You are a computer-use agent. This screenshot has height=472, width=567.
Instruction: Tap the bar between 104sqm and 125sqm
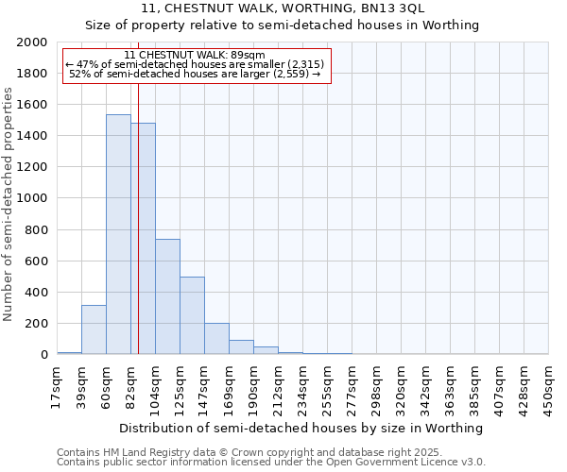167,296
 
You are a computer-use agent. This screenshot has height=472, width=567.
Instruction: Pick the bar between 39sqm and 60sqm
94,329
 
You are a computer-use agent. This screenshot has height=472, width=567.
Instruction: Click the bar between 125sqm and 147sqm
192,315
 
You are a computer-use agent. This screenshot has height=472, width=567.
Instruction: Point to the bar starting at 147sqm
216,339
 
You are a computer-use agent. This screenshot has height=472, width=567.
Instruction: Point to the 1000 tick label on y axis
32,199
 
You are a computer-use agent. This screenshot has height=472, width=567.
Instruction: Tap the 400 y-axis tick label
36,293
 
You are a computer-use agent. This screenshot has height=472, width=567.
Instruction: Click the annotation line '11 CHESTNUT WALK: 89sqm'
195,55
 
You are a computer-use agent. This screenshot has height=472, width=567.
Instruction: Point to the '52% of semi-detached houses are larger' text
195,74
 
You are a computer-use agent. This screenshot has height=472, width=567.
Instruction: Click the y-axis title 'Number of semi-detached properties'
9,204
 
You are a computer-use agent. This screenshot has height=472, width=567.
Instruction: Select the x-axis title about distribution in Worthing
302,428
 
